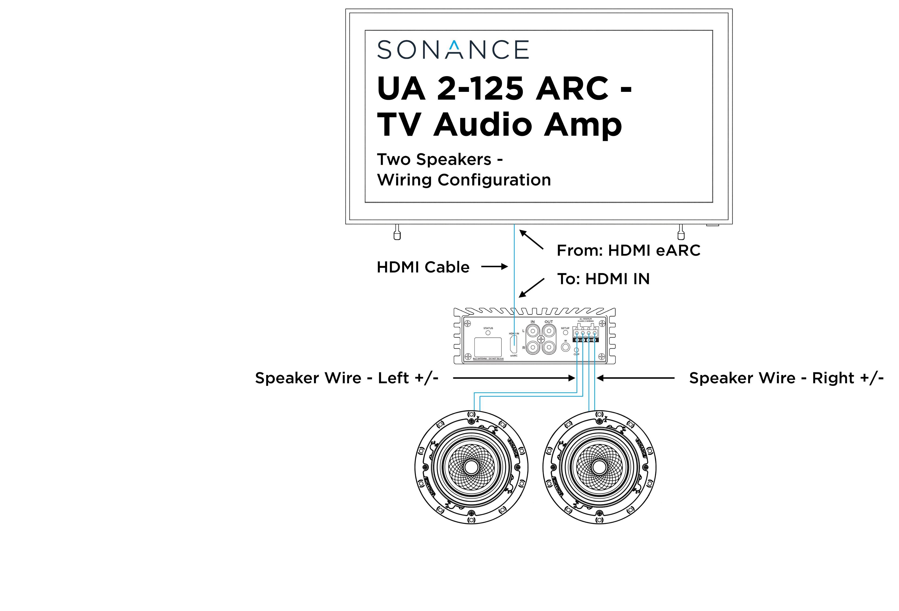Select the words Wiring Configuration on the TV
[x=464, y=180]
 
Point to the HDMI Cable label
[x=423, y=267]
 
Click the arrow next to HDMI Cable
[x=494, y=267]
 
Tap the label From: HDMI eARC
[x=628, y=250]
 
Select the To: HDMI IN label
[x=603, y=279]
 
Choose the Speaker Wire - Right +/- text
[x=786, y=378]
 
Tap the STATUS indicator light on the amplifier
[x=488, y=333]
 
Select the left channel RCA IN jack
[x=533, y=331]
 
